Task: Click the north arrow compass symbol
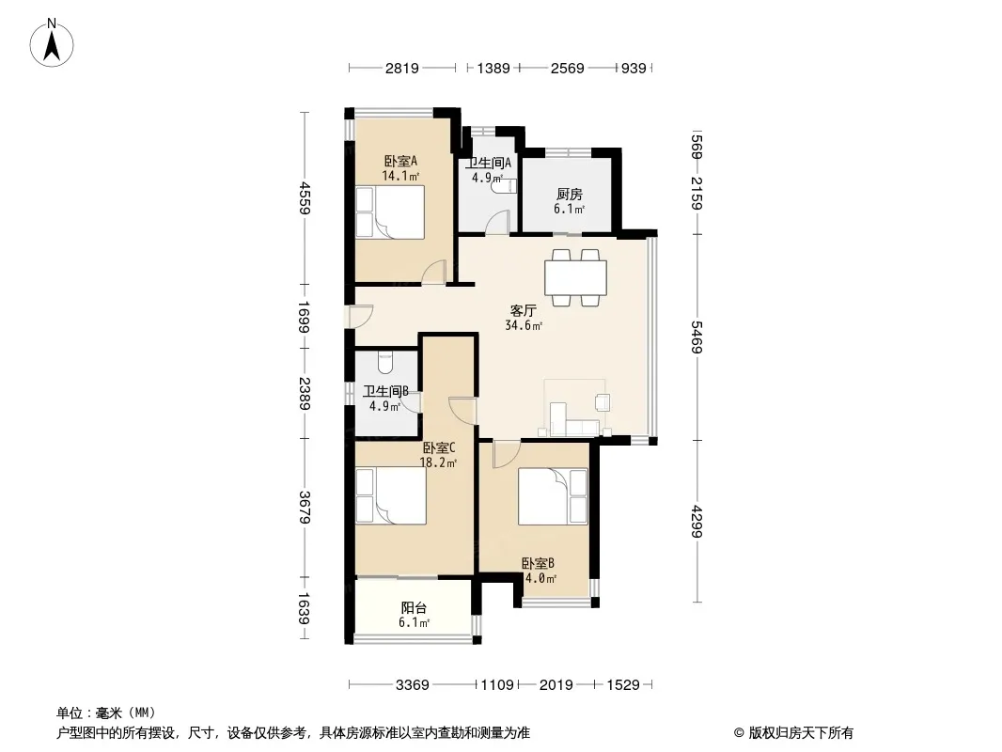pos(52,42)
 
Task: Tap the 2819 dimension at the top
pos(402,68)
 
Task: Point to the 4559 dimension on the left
pos(305,198)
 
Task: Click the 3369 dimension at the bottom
pos(413,685)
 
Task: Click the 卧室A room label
pos(400,161)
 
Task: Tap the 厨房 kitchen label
pos(569,195)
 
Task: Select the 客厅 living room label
pos(523,310)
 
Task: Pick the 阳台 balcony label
pos(414,608)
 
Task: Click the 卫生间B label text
pos(385,391)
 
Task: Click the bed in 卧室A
pos(390,212)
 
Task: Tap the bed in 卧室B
pos(553,496)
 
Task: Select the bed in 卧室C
pos(390,496)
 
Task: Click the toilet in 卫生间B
pos(385,362)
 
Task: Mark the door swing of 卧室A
pos(434,272)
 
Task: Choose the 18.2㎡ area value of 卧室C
pos(438,462)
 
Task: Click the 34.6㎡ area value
pos(524,325)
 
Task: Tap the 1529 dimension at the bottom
pos(623,685)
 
